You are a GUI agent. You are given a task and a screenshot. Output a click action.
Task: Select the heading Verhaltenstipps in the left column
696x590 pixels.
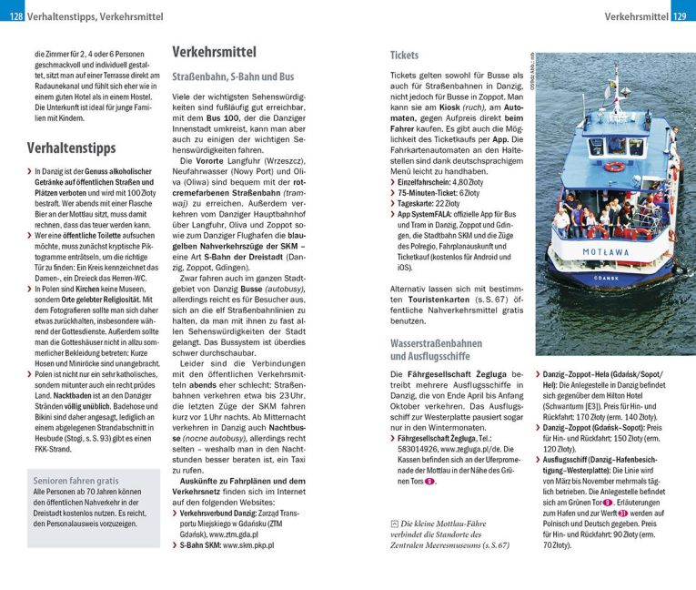(x=71, y=147)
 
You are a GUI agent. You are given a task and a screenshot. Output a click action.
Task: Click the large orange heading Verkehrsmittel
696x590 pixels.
(x=214, y=52)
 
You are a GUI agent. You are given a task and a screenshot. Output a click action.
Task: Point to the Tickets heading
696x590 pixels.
(x=405, y=55)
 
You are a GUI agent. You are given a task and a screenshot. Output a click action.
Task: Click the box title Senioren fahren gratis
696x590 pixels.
(x=76, y=480)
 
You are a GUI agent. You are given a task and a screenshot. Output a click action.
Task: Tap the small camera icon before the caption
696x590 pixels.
(x=393, y=523)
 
